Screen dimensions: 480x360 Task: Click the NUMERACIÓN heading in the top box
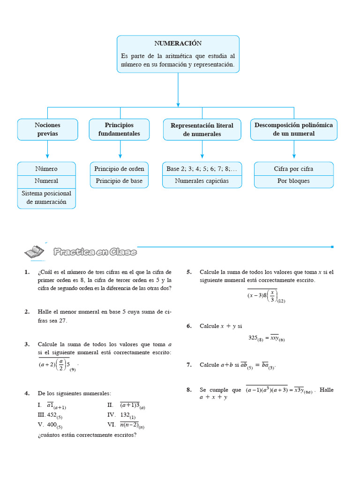click(178, 44)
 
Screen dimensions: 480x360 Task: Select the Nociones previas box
click(47, 129)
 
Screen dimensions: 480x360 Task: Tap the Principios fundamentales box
click(119, 129)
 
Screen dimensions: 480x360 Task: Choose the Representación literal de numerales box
click(202, 130)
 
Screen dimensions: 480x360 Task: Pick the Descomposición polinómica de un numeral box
click(293, 129)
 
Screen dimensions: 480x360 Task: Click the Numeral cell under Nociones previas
click(46, 181)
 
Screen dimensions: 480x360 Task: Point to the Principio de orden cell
click(119, 169)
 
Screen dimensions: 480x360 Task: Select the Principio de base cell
click(119, 181)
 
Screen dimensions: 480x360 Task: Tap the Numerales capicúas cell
click(202, 181)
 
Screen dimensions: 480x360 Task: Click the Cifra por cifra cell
click(293, 169)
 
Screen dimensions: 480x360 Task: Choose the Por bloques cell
click(293, 181)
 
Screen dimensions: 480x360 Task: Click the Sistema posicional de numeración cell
click(46, 198)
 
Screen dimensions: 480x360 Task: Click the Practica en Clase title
click(95, 252)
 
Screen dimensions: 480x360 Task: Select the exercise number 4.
click(27, 393)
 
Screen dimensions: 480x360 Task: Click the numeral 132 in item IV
click(125, 415)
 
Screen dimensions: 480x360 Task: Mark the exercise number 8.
click(189, 390)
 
